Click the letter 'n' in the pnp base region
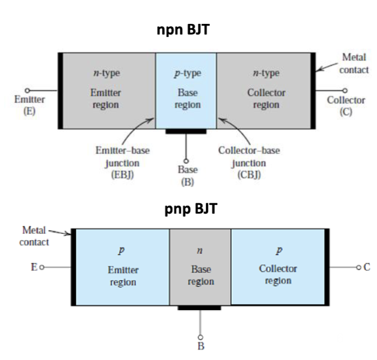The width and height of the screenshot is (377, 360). pyautogui.click(x=199, y=251)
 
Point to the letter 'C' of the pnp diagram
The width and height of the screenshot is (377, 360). pyautogui.click(x=367, y=267)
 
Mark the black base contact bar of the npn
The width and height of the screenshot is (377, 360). pyautogui.click(x=186, y=131)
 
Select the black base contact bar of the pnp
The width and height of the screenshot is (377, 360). pyautogui.click(x=199, y=307)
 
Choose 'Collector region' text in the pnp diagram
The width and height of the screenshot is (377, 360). pyautogui.click(x=278, y=274)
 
